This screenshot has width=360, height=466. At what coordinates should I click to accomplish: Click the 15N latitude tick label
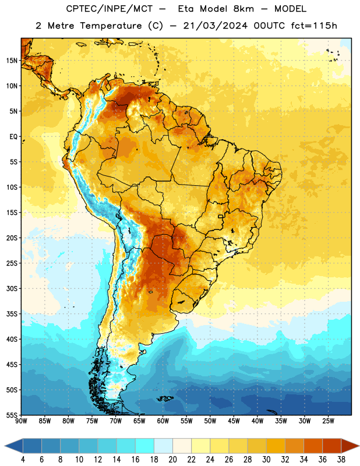click(12, 61)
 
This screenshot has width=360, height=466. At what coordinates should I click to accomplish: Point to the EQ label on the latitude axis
click(13, 137)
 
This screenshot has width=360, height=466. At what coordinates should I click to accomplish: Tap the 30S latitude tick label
click(12, 288)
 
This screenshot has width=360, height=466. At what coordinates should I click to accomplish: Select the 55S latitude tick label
click(12, 415)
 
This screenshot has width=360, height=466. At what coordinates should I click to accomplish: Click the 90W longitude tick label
click(21, 421)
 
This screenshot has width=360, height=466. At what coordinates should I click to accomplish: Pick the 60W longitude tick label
click(163, 421)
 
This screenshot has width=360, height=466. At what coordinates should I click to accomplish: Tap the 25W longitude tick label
click(328, 421)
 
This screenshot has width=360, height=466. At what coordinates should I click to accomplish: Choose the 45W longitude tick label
click(234, 421)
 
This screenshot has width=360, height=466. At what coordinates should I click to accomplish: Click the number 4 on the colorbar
click(23, 460)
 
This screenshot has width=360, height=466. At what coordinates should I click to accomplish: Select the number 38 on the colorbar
click(341, 460)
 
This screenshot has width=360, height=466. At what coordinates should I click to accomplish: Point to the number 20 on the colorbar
click(172, 460)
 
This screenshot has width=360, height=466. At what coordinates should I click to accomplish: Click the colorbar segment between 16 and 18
click(145, 446)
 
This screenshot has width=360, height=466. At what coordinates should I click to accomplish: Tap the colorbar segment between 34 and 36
click(313, 446)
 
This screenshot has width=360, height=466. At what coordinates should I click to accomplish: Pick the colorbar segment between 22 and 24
click(200, 446)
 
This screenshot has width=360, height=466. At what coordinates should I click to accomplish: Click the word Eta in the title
click(185, 9)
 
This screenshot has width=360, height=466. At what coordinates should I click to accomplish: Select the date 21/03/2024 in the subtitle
click(215, 26)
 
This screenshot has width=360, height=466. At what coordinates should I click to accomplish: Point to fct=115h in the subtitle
click(314, 26)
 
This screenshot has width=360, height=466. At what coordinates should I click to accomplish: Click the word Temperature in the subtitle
click(111, 26)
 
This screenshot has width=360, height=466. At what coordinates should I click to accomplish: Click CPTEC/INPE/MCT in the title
click(110, 9)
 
